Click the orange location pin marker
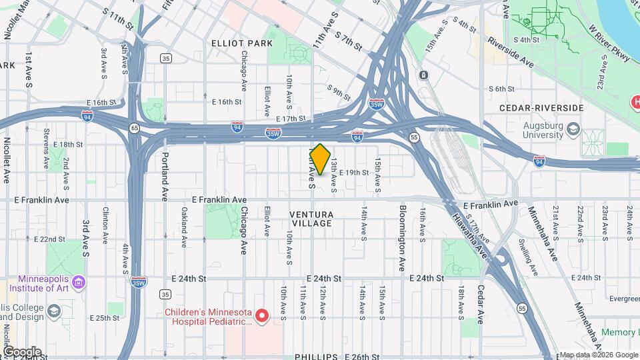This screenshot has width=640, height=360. (x=320, y=159)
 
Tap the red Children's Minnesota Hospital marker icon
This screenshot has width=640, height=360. (x=263, y=315)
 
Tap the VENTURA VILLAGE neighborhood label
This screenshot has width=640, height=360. (x=311, y=219)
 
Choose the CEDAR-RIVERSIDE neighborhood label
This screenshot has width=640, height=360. (x=541, y=108)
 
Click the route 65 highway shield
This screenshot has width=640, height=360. (x=135, y=127)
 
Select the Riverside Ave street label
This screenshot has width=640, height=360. (x=511, y=51)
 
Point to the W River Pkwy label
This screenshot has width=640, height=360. (x=609, y=44)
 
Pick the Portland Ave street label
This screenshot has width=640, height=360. (x=165, y=177)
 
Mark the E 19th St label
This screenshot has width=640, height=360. (x=353, y=173)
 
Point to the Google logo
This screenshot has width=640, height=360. (x=21, y=351)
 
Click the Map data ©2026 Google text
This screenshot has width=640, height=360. (x=598, y=355)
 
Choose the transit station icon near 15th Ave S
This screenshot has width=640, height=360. (x=423, y=74)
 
